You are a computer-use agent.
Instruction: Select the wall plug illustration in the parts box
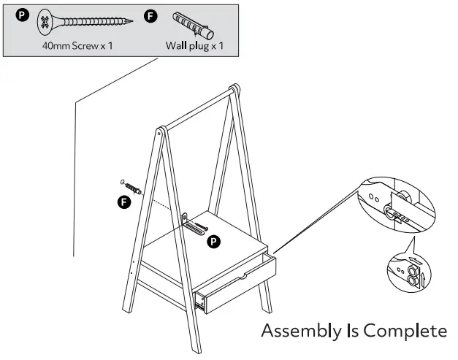[193, 26]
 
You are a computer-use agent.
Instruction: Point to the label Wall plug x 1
[194, 45]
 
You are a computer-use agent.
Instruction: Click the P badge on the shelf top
[213, 240]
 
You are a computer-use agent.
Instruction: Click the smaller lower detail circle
[407, 271]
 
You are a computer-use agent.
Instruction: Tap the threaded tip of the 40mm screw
[131, 22]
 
